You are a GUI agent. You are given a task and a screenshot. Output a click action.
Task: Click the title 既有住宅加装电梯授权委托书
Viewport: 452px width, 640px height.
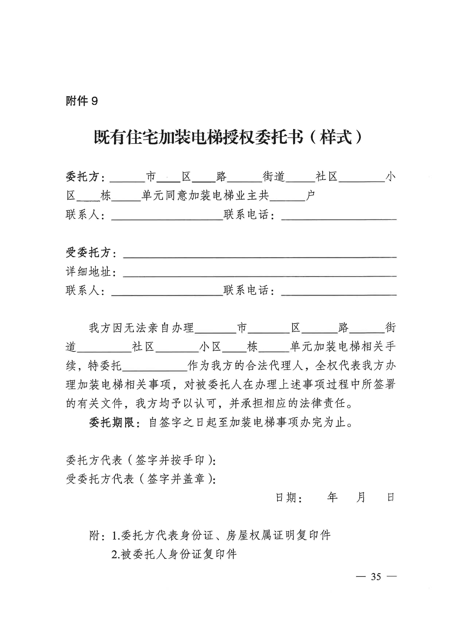pos(198,137)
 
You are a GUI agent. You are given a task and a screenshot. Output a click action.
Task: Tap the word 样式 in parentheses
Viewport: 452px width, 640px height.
pos(336,137)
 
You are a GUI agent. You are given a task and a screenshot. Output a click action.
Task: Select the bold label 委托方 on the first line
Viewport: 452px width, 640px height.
pos(82,177)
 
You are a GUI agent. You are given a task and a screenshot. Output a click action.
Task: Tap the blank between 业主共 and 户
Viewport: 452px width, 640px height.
pos(287,199)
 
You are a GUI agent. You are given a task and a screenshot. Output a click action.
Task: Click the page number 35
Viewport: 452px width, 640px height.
pos(376,577)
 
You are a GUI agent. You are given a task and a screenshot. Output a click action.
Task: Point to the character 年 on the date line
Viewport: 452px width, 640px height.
pos(332,497)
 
